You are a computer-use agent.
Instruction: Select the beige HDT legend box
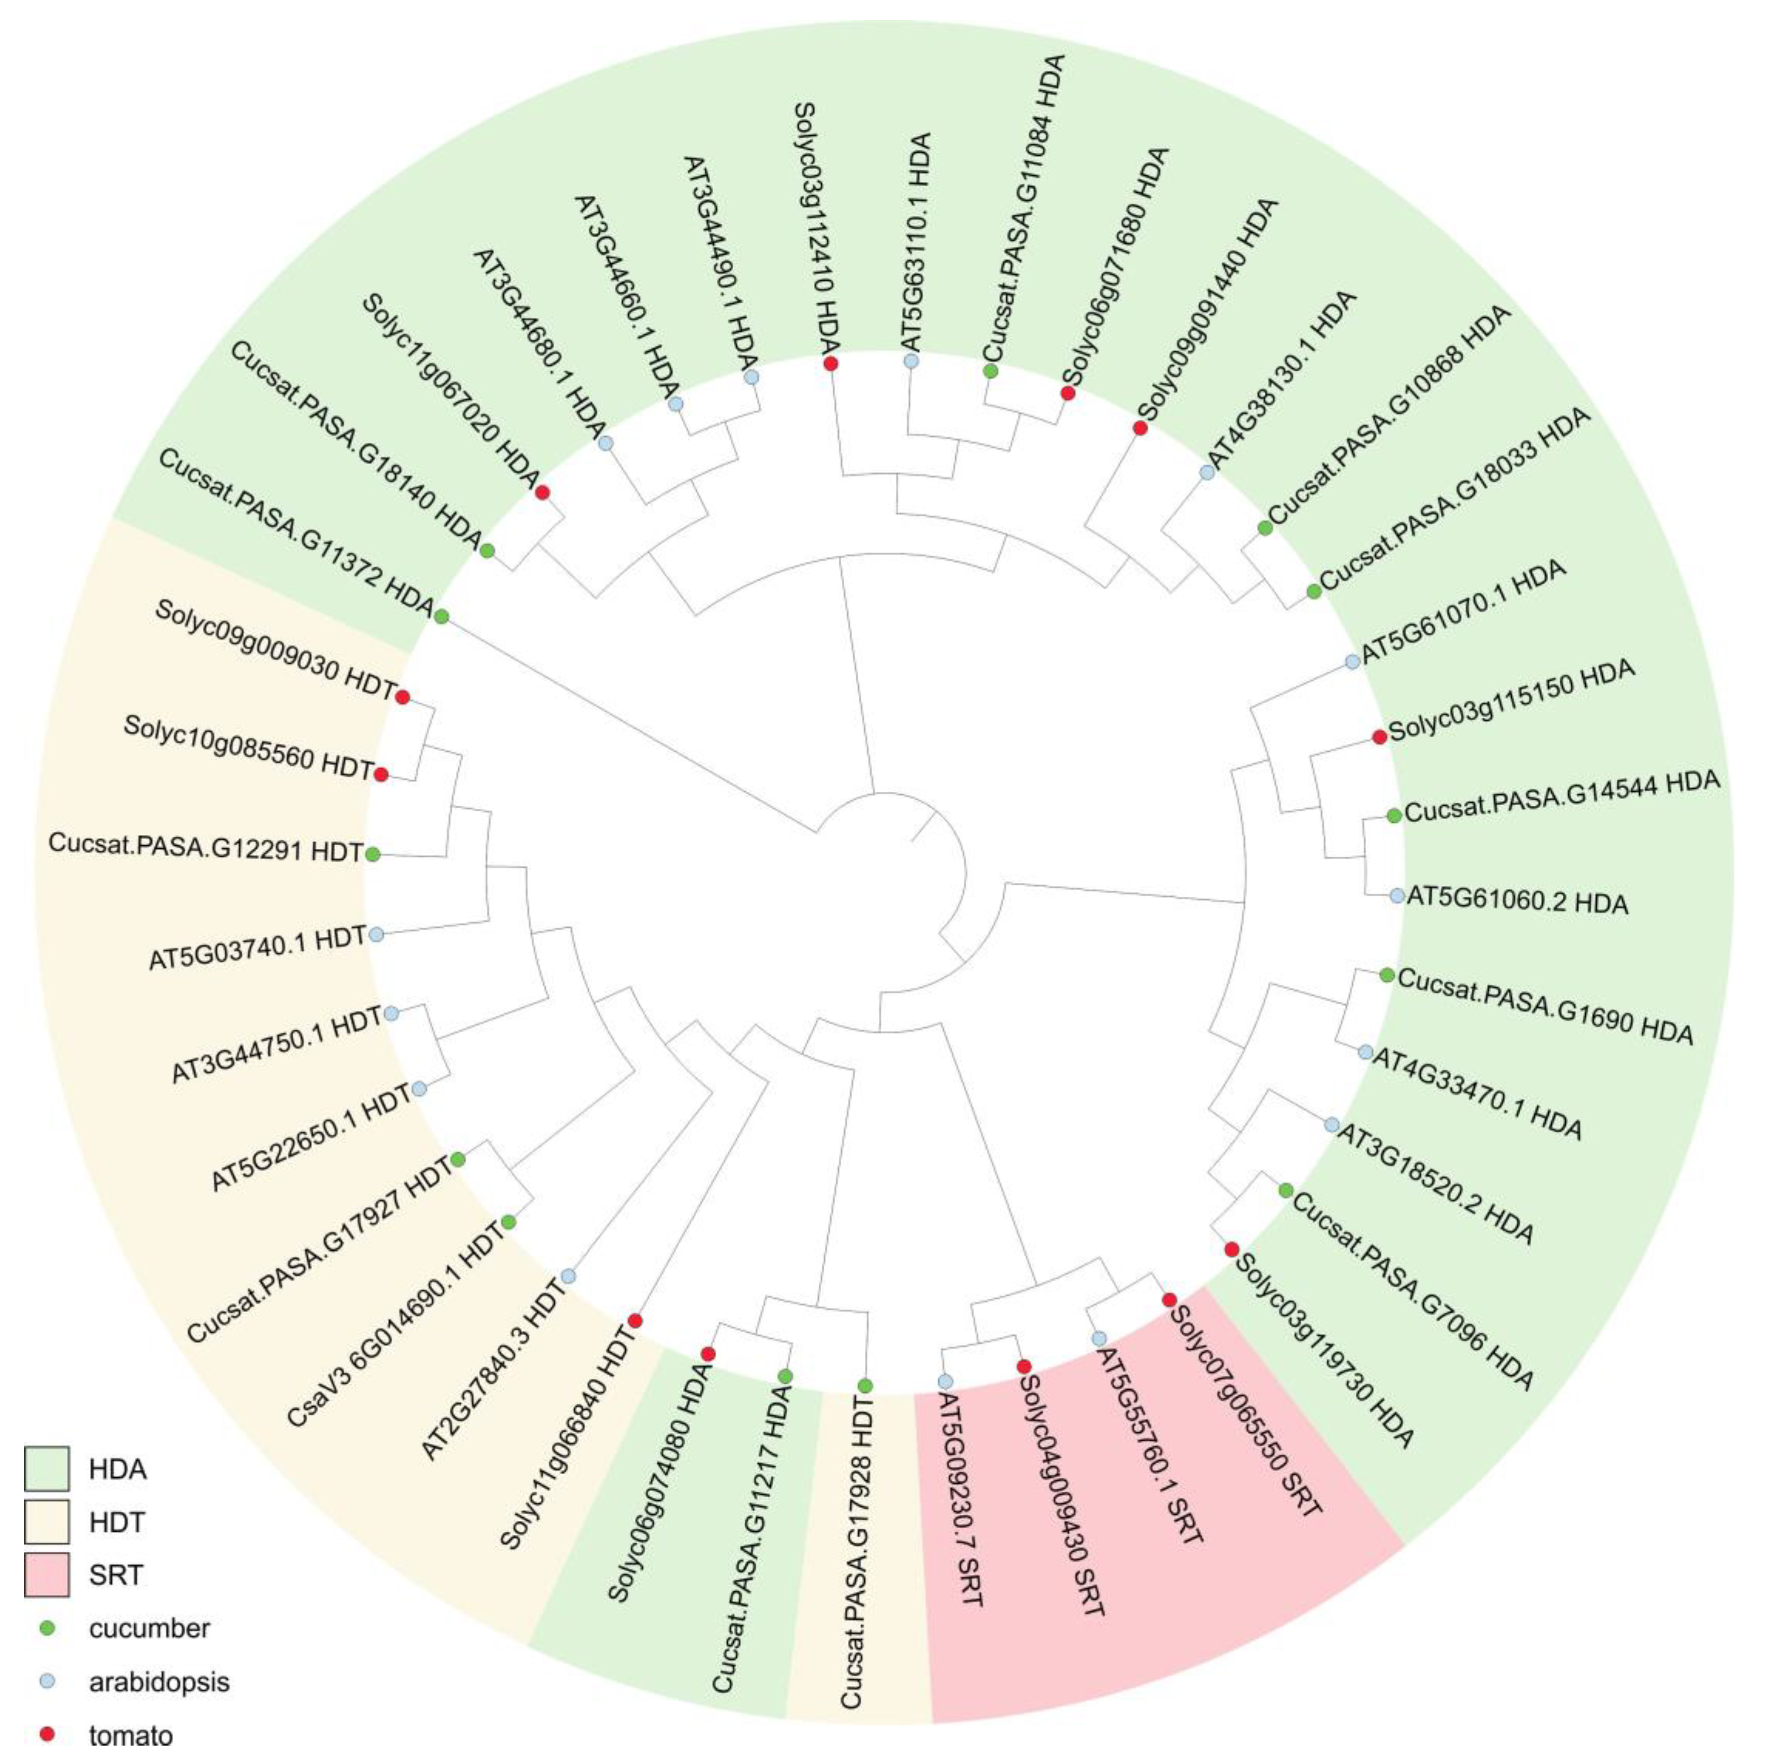(46, 1522)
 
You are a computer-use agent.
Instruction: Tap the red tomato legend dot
(49, 1734)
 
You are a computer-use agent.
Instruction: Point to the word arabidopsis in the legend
(159, 1682)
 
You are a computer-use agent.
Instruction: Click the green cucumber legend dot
(49, 1629)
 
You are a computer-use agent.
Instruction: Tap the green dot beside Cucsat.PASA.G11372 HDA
(441, 616)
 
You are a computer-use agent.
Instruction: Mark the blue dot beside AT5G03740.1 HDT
(376, 935)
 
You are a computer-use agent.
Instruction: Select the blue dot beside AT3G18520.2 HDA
(1331, 1124)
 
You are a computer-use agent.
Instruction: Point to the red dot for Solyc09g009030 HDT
(402, 697)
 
